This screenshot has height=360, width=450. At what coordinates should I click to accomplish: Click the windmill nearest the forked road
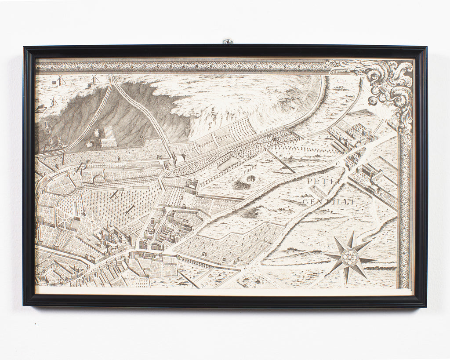click(93, 80)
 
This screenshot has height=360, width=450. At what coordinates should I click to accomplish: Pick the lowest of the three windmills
click(53, 101)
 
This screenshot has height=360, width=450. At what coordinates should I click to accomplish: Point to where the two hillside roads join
click(113, 81)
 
